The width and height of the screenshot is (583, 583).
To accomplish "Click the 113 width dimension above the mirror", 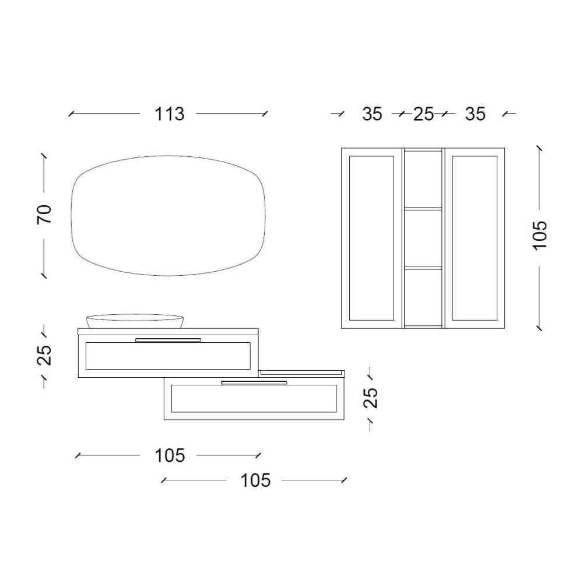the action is coord(169,114).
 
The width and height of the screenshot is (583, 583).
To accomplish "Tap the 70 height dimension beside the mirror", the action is coord(44,214).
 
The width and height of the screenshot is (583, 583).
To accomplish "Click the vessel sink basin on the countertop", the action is coord(135,321).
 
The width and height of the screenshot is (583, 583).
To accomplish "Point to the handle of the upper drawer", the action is coord(168,339).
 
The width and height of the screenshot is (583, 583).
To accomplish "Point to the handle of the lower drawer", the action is coord(254,382).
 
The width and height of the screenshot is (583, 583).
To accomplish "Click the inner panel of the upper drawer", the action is coord(168,356).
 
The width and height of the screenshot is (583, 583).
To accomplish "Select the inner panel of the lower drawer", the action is coord(254,399).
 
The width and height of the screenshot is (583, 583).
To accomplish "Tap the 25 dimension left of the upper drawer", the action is coord(44,354).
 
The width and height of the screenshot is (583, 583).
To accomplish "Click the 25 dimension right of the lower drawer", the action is coord(370,398).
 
